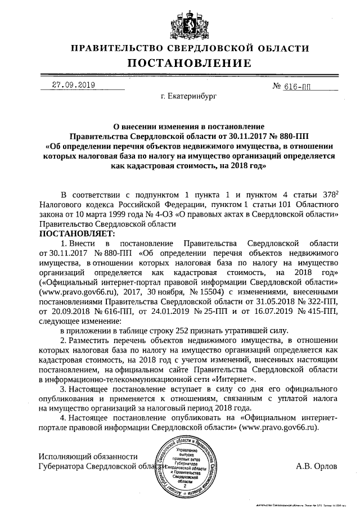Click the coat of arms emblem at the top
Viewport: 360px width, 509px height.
pos(181,22)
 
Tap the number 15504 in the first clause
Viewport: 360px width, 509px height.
pos(211,292)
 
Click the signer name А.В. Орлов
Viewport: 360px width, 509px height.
pos(316,466)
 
